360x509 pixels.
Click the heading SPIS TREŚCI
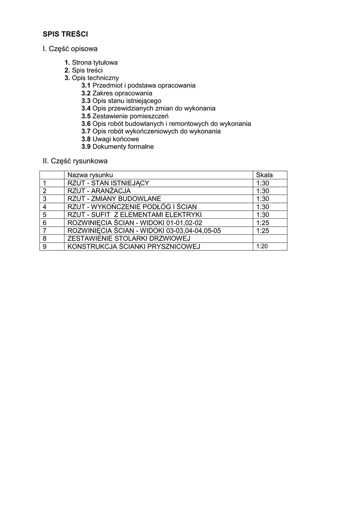[x=65, y=34]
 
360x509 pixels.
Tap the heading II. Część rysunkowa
[x=75, y=161]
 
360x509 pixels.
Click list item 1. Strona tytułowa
[x=91, y=63]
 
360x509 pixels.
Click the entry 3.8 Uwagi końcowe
[x=110, y=139]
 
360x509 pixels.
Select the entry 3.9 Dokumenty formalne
[x=117, y=147]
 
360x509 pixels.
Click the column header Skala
[x=264, y=175]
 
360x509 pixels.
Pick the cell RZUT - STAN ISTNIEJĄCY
[x=108, y=183]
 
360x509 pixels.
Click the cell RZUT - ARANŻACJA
[x=99, y=191]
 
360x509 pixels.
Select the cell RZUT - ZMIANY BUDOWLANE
[x=114, y=199]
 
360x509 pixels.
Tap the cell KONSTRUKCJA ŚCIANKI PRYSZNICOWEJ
[x=134, y=247]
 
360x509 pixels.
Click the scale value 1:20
[x=262, y=247]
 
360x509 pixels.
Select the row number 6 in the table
[x=45, y=223]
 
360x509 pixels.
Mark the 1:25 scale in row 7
[x=263, y=231]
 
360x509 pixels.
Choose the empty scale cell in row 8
[x=270, y=239]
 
